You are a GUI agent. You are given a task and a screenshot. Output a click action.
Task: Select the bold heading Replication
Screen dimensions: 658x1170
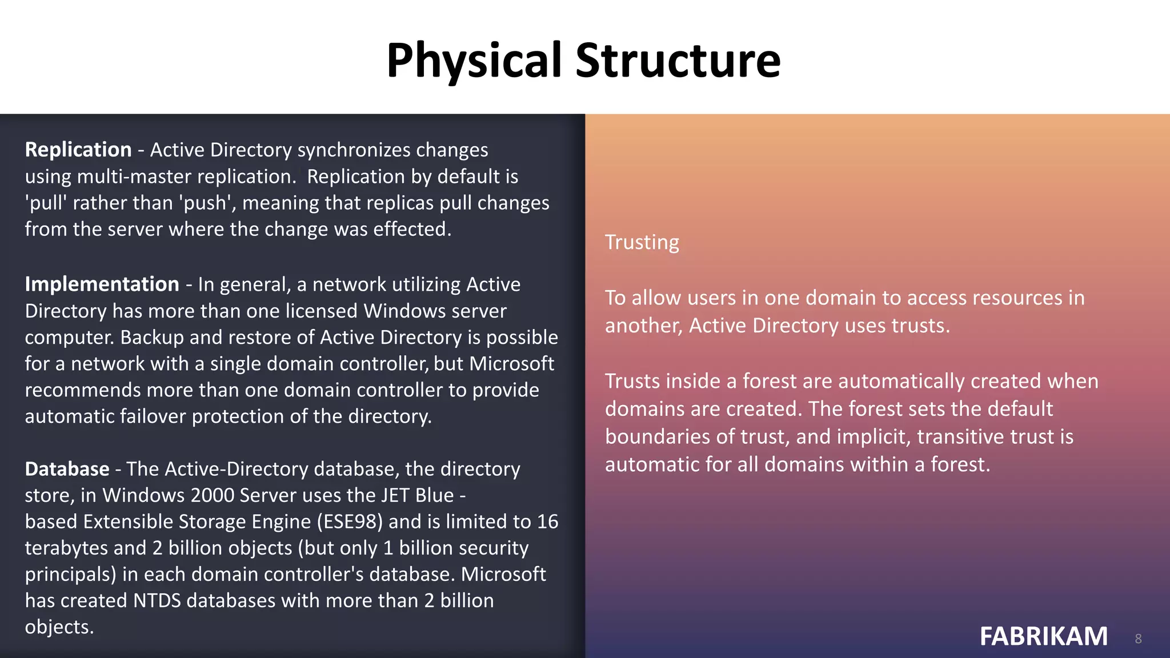78,150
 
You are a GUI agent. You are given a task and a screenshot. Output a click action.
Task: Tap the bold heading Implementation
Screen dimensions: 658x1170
102,284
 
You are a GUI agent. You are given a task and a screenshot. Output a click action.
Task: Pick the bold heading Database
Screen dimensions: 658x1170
67,469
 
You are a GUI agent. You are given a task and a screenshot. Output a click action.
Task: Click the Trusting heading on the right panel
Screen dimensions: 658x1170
642,242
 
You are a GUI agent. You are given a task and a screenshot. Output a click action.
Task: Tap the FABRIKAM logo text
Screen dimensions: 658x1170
1043,636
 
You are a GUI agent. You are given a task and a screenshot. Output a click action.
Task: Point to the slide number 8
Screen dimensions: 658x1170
1138,639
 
